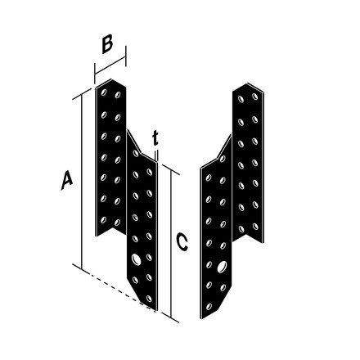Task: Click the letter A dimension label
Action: [67, 180]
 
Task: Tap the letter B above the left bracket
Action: [107, 44]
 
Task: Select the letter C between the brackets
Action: [182, 241]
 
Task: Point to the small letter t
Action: [155, 138]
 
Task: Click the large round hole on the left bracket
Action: [136, 259]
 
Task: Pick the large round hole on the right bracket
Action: [222, 267]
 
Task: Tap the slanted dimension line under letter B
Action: [110, 65]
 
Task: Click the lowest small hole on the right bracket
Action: [209, 307]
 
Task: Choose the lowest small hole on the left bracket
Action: [149, 299]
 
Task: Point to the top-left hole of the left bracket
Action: [104, 92]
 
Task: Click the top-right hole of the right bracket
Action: [255, 96]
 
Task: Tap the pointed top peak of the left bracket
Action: [111, 79]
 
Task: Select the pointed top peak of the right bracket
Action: [247, 83]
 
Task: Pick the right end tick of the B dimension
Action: [126, 56]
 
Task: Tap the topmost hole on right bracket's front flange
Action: [223, 159]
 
